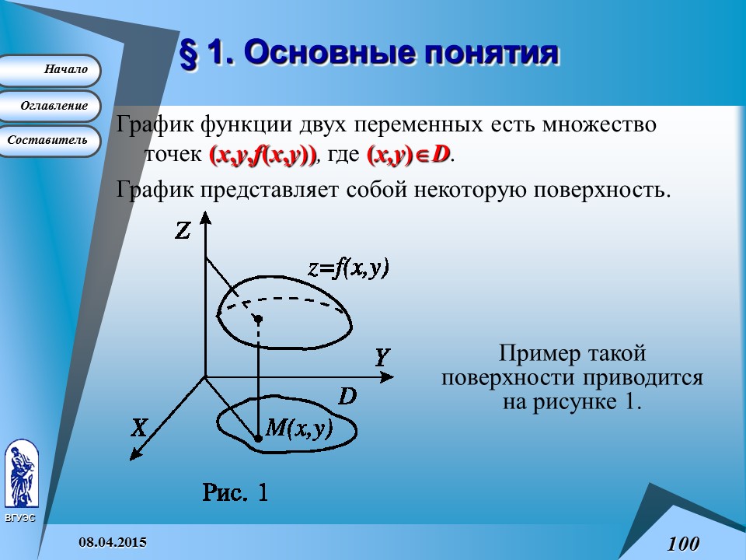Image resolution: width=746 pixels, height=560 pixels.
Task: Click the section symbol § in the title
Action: [x=189, y=54]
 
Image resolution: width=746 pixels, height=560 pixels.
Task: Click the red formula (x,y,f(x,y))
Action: [x=263, y=155]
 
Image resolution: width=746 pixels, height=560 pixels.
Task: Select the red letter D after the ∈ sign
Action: [x=441, y=154]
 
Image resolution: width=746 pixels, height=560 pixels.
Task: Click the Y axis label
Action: [x=382, y=358]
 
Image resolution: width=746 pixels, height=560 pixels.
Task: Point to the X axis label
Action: [x=139, y=428]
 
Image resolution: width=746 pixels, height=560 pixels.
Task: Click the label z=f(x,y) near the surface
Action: [x=349, y=268]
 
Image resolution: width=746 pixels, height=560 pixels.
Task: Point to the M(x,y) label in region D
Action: [x=299, y=428]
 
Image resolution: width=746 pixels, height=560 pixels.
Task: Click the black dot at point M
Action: [x=258, y=438]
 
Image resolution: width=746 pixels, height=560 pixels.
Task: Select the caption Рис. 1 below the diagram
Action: [x=235, y=492]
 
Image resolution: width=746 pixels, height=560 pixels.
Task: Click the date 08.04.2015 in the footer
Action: [x=113, y=542]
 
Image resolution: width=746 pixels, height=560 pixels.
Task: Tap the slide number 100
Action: [x=683, y=544]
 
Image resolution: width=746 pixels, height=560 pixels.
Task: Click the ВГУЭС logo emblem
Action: [x=22, y=473]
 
